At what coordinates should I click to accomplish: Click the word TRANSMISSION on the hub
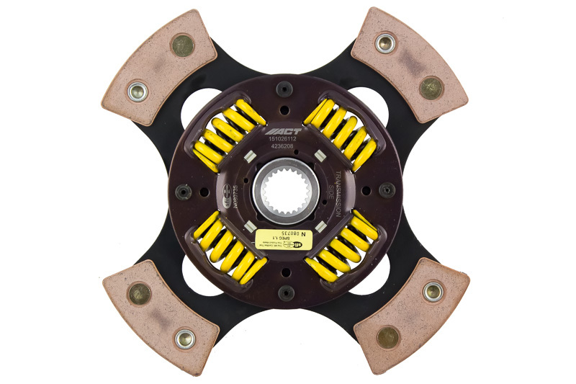point(339,192)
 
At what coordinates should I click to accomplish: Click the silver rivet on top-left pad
point(138,91)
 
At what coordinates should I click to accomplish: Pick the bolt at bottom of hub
point(287,291)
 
